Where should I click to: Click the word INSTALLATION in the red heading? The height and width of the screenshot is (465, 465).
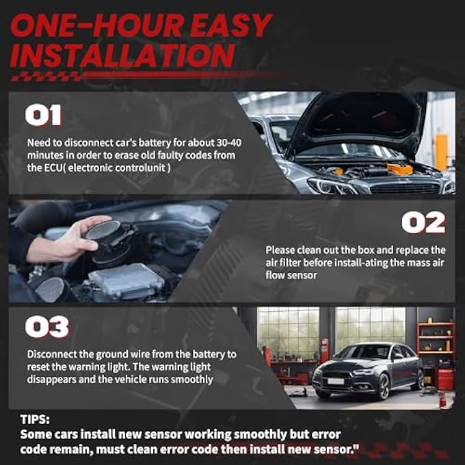tap(122, 55)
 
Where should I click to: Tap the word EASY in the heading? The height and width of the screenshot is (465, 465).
tap(230, 25)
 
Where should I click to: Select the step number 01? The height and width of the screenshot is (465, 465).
tap(44, 115)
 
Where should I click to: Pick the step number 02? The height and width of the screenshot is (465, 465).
tap(423, 222)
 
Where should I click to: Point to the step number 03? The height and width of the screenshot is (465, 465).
tap(47, 327)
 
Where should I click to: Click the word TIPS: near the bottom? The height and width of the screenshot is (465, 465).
tap(35, 419)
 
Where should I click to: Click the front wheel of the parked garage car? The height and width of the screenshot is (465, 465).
tap(383, 386)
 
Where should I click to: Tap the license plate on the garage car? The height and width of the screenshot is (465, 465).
tap(336, 381)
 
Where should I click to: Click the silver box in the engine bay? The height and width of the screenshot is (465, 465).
tap(127, 280)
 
